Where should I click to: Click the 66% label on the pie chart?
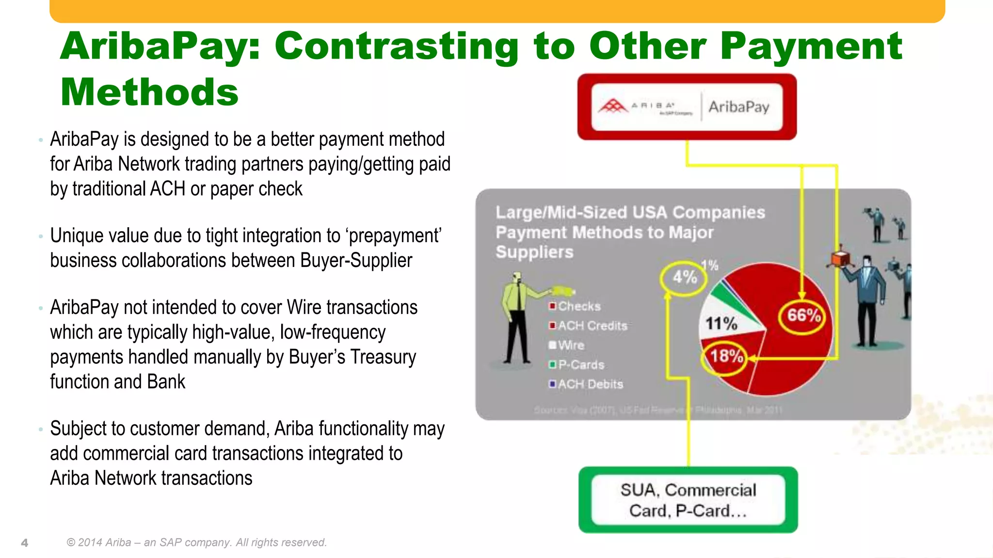(803, 316)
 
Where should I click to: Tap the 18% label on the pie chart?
(726, 356)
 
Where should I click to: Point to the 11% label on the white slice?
(721, 323)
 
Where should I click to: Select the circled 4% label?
(684, 277)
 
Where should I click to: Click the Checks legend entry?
(575, 306)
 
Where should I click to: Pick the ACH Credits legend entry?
(588, 325)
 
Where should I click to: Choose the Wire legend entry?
(567, 345)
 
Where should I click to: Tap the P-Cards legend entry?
(577, 364)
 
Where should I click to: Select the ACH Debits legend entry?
(586, 384)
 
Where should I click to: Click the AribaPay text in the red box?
(738, 107)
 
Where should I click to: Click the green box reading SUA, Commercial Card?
(688, 500)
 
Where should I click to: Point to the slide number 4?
(25, 542)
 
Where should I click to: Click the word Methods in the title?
(149, 92)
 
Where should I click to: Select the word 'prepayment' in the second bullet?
(394, 236)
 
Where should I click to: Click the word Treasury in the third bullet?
(383, 357)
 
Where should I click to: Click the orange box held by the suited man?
(840, 258)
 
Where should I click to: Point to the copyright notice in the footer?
(196, 542)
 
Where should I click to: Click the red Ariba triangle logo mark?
(613, 106)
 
